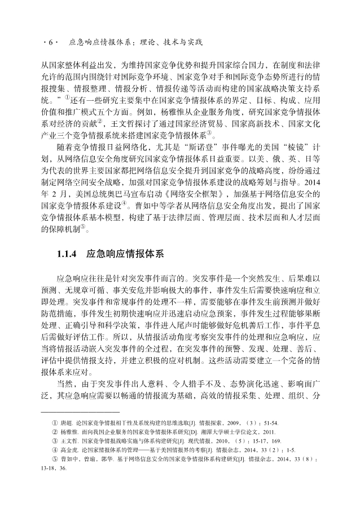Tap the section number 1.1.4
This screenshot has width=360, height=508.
[68, 254]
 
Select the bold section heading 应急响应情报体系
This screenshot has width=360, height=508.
[125, 254]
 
